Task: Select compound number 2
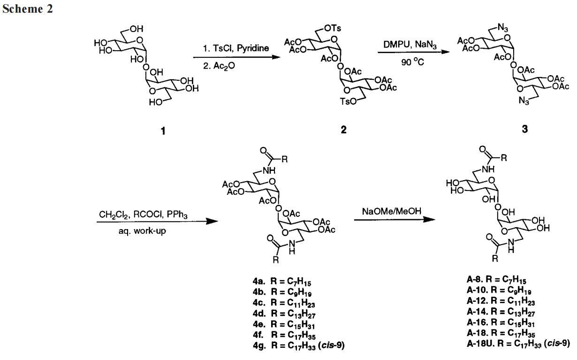(x=343, y=130)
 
